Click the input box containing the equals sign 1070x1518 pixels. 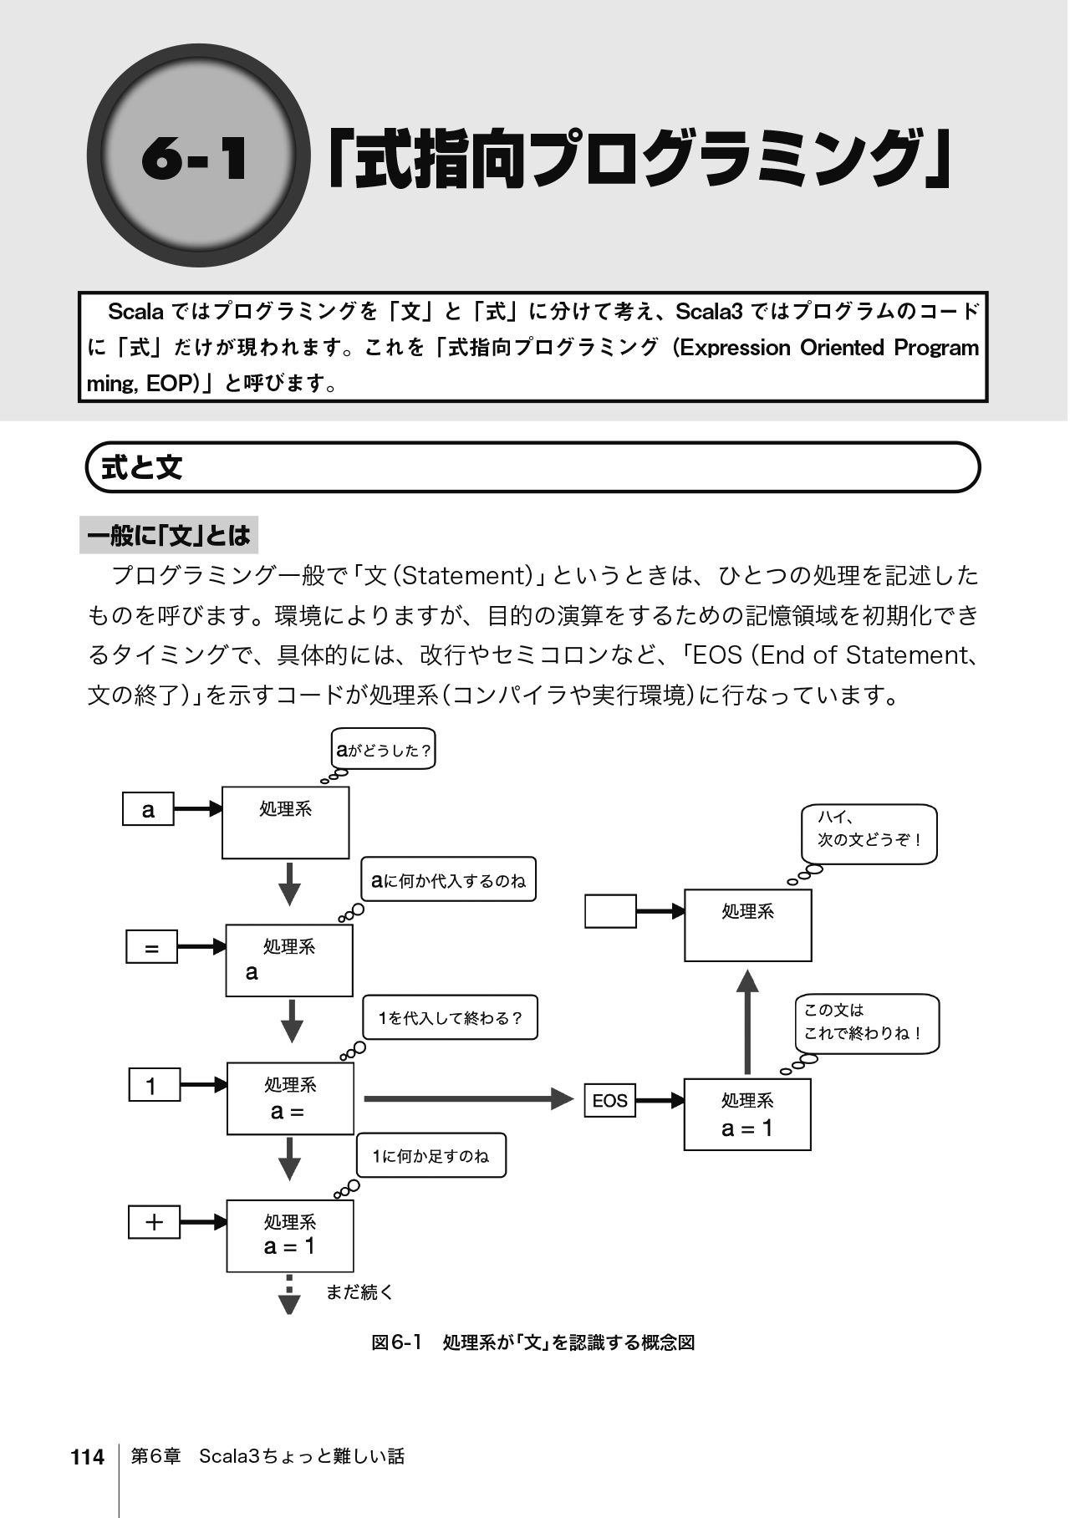151,948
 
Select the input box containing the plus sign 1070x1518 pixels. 154,1222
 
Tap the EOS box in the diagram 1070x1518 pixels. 609,1100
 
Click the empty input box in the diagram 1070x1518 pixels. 610,911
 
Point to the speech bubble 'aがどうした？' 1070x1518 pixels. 384,750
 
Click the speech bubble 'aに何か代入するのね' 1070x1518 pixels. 448,880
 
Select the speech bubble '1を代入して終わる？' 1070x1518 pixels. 450,1018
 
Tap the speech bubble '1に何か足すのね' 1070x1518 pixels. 431,1156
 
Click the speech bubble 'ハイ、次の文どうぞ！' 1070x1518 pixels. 869,833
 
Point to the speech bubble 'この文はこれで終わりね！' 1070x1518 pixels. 867,1022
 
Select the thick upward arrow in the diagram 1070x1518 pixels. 747,1021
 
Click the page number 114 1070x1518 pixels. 88,1457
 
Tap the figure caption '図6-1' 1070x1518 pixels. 396,1343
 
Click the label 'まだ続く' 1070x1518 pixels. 359,1292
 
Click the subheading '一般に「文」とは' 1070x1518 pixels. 169,536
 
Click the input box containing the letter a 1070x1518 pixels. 148,809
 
